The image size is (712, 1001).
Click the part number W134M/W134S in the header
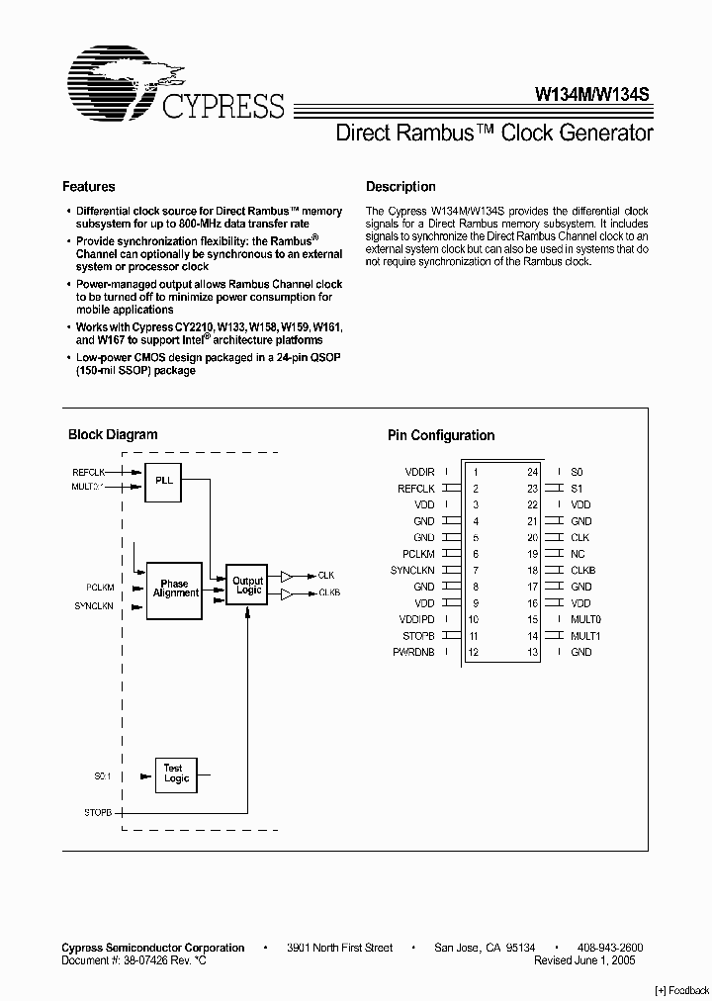(591, 96)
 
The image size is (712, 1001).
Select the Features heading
(89, 186)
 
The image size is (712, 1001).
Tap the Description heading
(400, 186)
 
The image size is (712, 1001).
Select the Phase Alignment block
(175, 589)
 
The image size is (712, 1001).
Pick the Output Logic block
(247, 587)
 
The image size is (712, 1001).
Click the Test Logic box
(176, 773)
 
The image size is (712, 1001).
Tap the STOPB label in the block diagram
(101, 811)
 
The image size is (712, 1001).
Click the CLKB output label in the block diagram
(329, 592)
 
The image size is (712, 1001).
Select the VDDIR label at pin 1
(419, 473)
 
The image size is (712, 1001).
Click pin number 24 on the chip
(532, 473)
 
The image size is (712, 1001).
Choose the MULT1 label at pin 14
(585, 636)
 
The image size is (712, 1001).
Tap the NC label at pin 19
(578, 555)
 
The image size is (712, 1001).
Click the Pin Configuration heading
(441, 435)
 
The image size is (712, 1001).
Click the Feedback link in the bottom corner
(682, 990)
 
